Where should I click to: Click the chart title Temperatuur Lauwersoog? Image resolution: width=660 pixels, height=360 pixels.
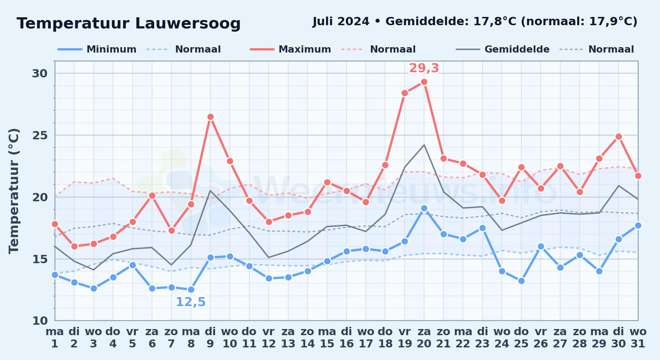(x=129, y=23)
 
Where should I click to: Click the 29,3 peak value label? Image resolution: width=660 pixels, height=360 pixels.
(x=424, y=68)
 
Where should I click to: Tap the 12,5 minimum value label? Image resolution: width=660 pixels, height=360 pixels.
(x=191, y=302)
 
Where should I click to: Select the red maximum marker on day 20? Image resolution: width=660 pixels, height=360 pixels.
(x=424, y=82)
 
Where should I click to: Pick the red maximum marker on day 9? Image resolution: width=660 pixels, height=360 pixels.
(x=210, y=117)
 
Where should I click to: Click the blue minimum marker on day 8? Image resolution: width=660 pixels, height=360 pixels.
(x=191, y=289)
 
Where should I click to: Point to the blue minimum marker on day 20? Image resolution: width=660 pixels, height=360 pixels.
(x=424, y=208)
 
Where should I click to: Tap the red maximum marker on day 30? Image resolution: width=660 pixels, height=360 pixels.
(x=619, y=137)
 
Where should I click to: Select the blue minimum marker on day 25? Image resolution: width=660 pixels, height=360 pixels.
(x=521, y=281)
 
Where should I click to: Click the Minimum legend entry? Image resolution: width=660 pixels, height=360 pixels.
(x=97, y=49)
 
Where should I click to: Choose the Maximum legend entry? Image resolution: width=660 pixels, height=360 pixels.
(x=290, y=49)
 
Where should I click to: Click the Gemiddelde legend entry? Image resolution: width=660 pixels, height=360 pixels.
(x=503, y=49)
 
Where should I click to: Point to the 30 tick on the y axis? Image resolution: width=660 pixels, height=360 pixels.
(x=40, y=73)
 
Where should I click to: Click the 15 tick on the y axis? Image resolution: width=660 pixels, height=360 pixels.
(x=40, y=259)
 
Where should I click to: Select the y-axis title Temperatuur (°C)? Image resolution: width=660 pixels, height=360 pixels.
(x=14, y=191)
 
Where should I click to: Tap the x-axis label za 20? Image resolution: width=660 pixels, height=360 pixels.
(x=424, y=338)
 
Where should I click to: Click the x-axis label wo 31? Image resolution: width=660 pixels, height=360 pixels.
(x=638, y=338)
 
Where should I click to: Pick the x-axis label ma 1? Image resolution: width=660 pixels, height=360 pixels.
(x=55, y=338)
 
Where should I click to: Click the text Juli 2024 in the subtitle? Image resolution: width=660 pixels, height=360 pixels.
(x=341, y=22)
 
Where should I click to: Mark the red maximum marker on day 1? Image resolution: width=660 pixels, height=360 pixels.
(x=55, y=224)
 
